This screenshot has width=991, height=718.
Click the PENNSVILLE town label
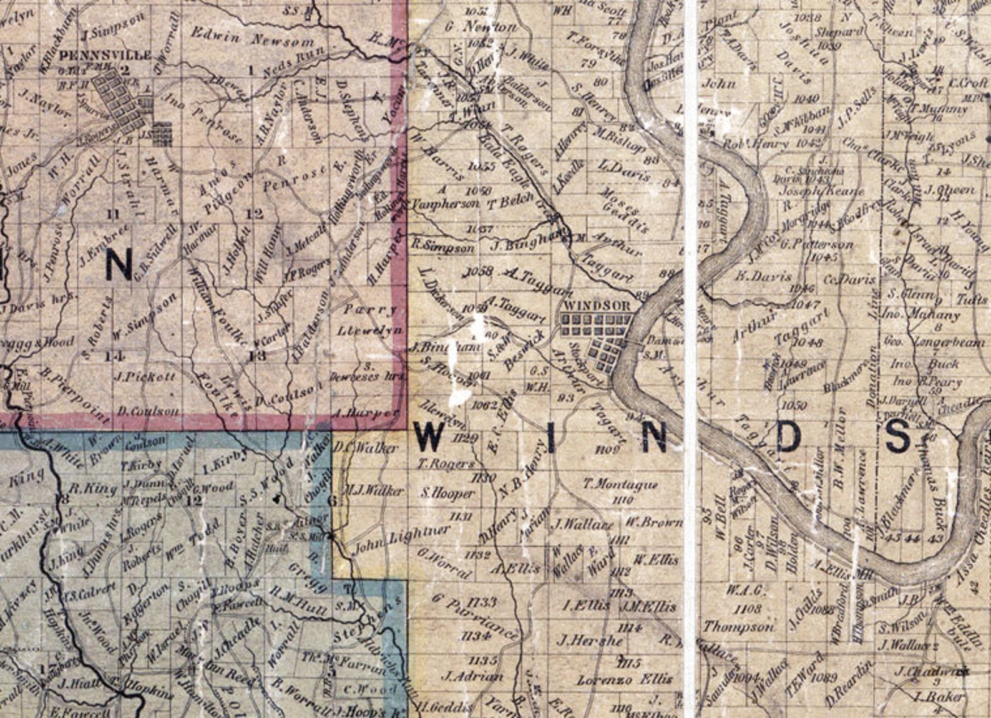pos(105,56)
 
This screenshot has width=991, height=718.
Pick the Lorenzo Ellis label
pos(625,679)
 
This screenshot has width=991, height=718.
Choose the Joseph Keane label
pos(822,192)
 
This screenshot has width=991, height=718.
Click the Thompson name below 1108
pos(739,626)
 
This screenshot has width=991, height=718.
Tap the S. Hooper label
pos(447,493)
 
